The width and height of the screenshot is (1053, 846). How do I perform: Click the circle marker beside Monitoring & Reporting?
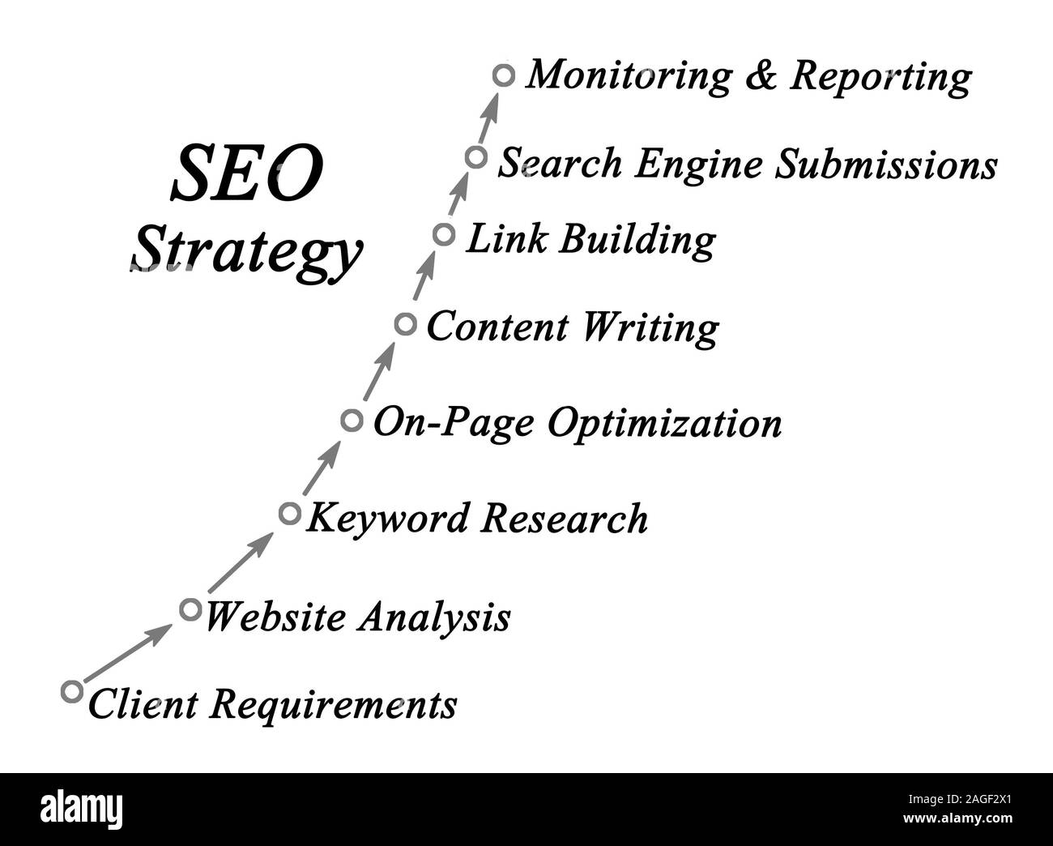(504, 75)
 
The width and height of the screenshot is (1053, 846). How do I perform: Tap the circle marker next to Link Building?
(443, 235)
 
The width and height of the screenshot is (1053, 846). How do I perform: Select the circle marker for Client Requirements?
(72, 691)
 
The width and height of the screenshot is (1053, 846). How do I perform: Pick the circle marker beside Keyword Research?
(289, 513)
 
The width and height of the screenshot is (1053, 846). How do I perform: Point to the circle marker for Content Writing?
(406, 325)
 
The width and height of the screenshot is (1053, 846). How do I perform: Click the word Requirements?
(333, 703)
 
